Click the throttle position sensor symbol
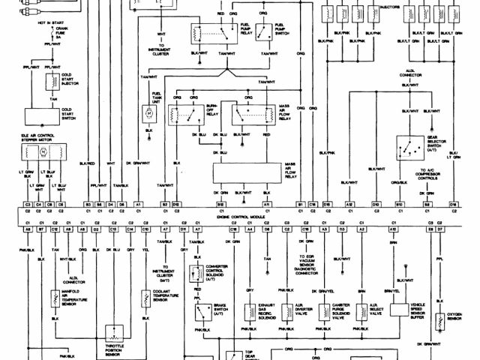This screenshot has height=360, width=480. point(114,333)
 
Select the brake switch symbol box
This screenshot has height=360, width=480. point(200,312)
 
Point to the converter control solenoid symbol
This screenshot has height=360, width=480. point(196,274)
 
